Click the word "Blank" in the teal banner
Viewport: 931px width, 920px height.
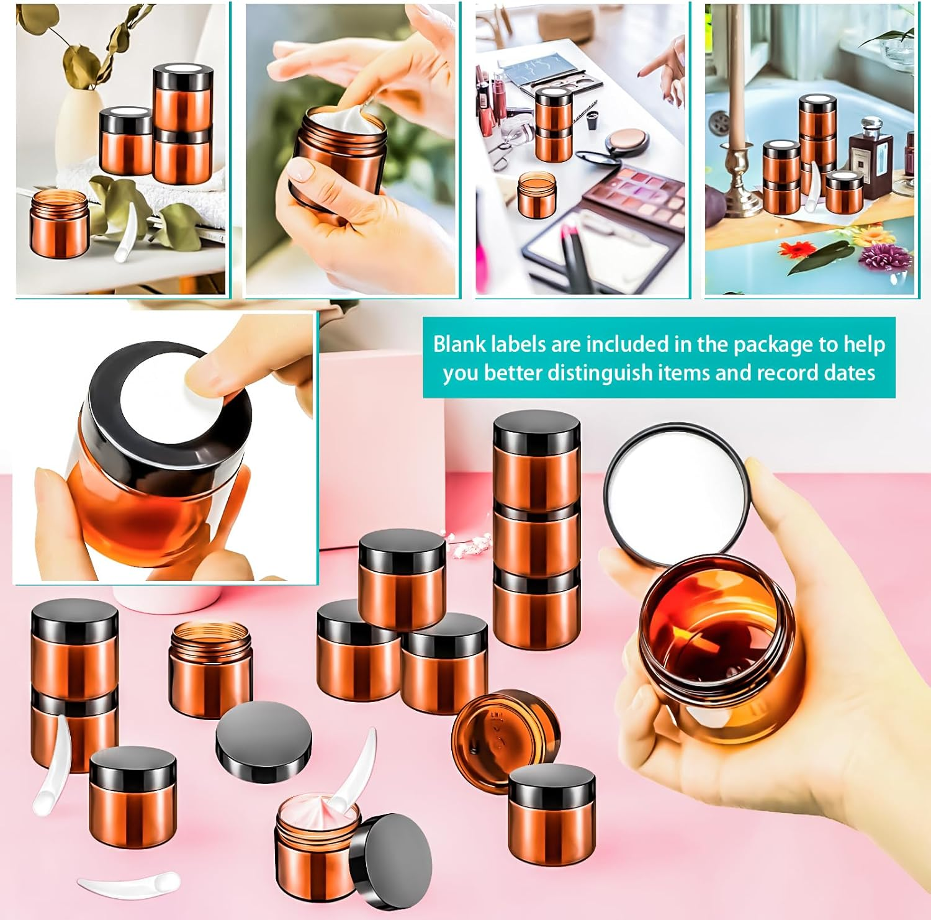pos(459,344)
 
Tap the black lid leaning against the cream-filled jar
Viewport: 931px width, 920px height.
pos(391,854)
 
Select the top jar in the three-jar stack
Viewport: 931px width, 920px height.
pos(537,459)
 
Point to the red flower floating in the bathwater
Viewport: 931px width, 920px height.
pos(797,250)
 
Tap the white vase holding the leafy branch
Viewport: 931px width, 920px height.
pos(79,127)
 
